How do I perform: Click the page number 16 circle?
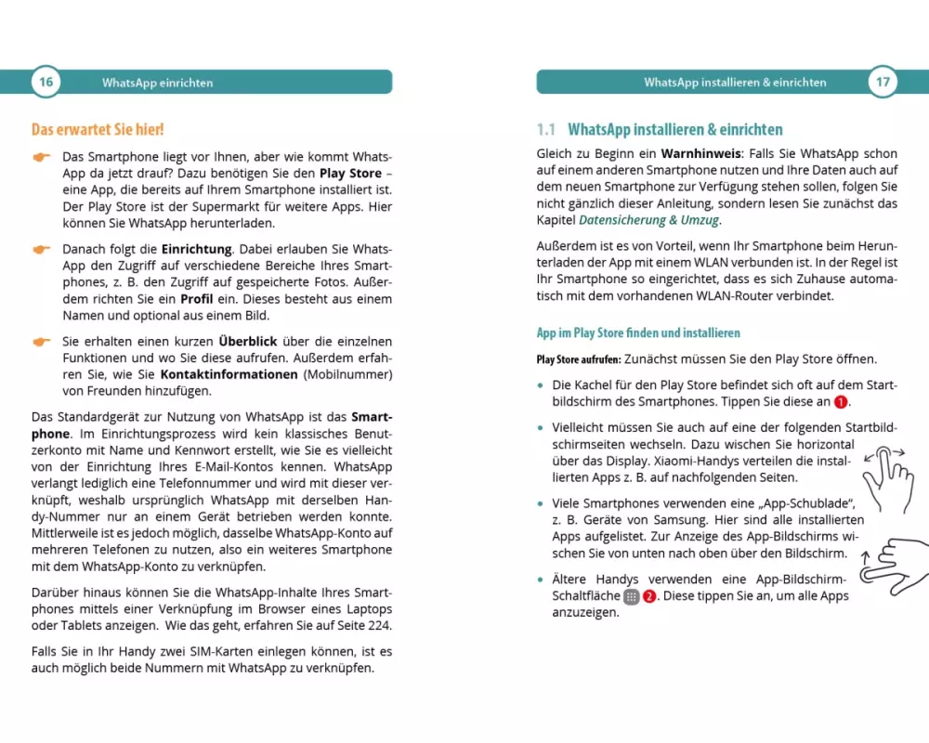coord(46,82)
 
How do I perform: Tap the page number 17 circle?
coord(883,82)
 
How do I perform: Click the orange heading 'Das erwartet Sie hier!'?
coord(98,130)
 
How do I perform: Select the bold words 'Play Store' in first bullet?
coord(350,173)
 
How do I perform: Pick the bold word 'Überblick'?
coord(249,341)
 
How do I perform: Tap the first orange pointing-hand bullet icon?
coord(41,157)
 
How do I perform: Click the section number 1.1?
coord(546,130)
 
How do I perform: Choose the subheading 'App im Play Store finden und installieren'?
coord(638,332)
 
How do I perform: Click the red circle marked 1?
coord(841,402)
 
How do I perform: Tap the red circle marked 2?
coord(649,596)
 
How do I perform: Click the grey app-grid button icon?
coord(632,596)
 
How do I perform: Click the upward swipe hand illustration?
coord(893,562)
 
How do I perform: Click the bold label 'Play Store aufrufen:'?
coord(578,359)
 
